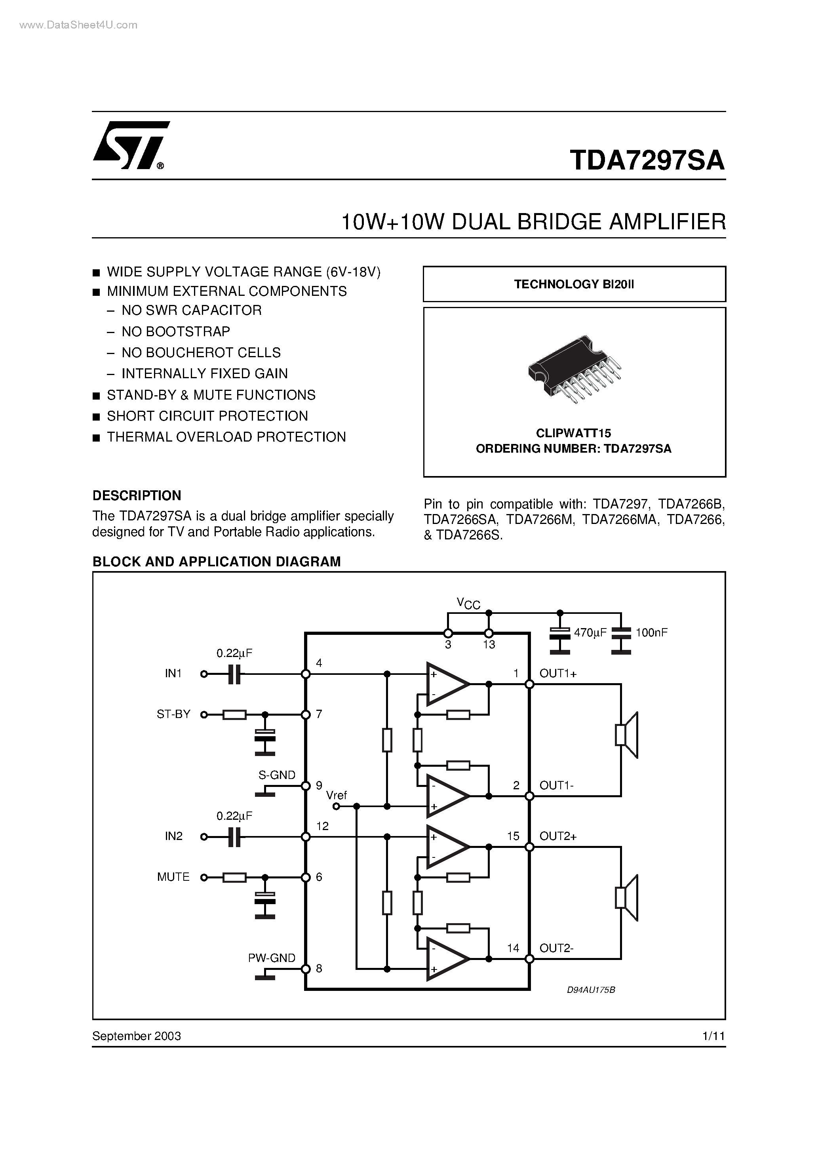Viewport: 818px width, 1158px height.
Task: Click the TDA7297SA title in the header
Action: point(647,160)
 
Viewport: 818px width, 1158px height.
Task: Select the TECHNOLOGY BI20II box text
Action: point(574,284)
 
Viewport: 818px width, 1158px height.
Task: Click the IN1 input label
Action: point(173,673)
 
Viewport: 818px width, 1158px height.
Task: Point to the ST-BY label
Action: point(173,714)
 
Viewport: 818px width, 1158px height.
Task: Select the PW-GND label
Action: point(271,958)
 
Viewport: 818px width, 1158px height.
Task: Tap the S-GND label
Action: point(276,775)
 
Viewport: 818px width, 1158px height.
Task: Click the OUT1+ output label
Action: point(558,673)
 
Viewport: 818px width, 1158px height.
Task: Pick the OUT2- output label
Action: point(556,948)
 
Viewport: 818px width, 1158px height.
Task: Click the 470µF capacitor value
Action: point(590,633)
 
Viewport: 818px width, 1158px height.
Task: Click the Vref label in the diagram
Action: point(337,795)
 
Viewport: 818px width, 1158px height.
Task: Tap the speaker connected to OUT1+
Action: point(627,735)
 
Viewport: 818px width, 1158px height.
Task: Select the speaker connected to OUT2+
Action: point(627,898)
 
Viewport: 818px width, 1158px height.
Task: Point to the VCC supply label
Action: point(468,603)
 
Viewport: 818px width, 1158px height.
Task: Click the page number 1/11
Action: point(713,1036)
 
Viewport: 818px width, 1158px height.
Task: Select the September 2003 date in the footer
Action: point(137,1036)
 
